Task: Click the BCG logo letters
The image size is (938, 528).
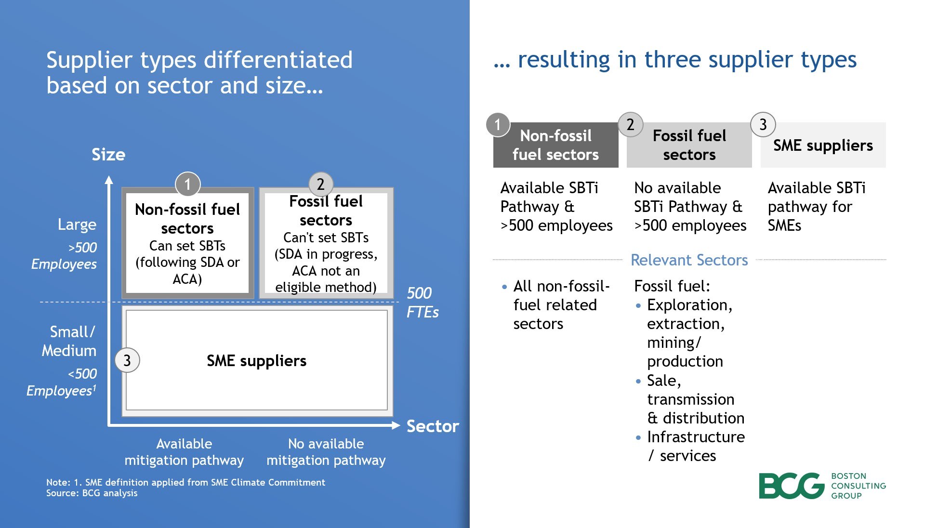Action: click(792, 486)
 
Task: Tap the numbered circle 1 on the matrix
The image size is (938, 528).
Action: click(187, 184)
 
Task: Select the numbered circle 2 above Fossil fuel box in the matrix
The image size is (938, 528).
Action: click(321, 184)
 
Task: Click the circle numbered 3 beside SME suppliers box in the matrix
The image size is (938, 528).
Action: click(127, 360)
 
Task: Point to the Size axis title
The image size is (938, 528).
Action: click(108, 155)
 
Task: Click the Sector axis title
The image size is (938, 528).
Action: click(433, 426)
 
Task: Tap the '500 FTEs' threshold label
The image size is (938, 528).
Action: click(422, 303)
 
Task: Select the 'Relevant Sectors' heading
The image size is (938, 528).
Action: click(689, 260)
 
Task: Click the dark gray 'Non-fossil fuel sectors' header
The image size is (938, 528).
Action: click(555, 145)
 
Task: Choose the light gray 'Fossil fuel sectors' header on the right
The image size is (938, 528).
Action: click(689, 145)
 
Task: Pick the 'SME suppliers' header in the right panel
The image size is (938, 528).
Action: click(823, 145)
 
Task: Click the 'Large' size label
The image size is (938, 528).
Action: click(77, 224)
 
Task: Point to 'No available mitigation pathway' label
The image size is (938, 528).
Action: click(326, 452)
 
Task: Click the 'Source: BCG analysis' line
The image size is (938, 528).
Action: click(92, 493)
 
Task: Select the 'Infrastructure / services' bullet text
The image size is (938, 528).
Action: click(695, 446)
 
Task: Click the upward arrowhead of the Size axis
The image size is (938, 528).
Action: click(109, 180)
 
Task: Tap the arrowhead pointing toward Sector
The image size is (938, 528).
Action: click(396, 425)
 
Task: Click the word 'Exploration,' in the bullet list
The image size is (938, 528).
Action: click(689, 305)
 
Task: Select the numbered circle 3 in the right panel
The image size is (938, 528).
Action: click(763, 124)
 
